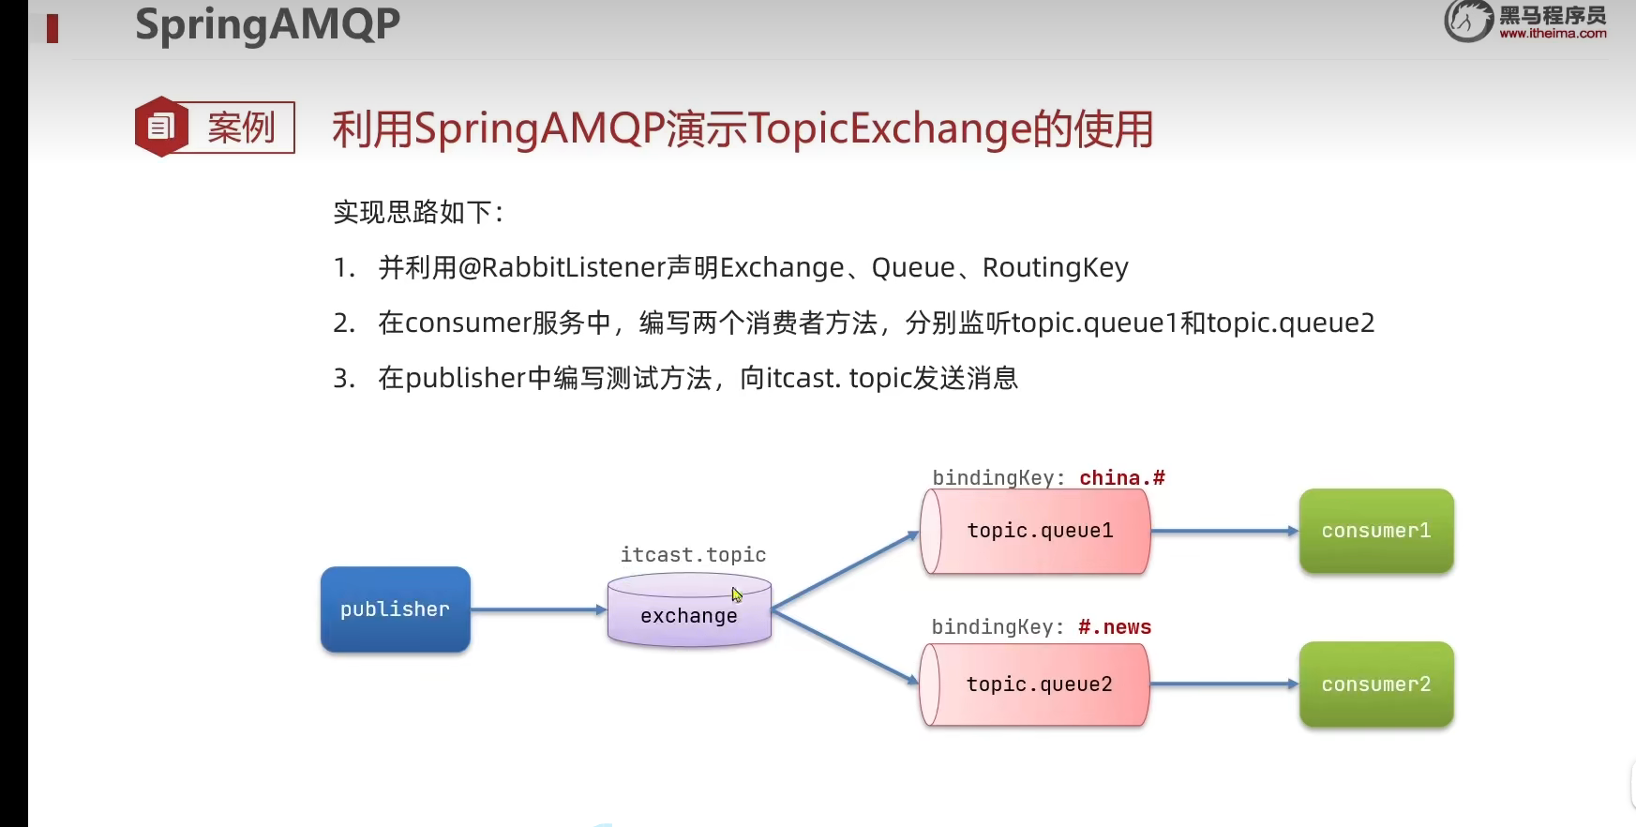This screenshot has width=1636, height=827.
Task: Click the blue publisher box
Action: [x=395, y=609]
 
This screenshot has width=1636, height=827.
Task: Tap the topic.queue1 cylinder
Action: [x=1036, y=532]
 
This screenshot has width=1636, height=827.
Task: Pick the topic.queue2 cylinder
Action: [x=1036, y=685]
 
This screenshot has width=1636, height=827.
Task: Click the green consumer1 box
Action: [x=1375, y=531]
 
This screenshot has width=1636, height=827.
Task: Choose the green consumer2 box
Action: [x=1375, y=684]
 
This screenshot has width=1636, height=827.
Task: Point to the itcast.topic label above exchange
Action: [x=693, y=555]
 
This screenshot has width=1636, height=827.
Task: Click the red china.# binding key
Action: [x=1121, y=478]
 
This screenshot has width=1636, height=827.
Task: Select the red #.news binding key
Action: [x=1114, y=627]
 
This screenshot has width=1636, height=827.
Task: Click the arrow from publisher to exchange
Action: [x=538, y=610]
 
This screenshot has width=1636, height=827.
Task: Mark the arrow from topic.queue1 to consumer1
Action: [x=1223, y=532]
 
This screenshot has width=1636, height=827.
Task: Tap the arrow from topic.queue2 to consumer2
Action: [x=1223, y=685]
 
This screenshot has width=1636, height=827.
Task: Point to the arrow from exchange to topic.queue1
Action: [x=844, y=571]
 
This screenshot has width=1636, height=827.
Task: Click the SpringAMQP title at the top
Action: [x=267, y=24]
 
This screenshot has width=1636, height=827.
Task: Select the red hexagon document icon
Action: [x=161, y=127]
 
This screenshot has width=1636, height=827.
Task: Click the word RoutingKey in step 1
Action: [x=1055, y=268]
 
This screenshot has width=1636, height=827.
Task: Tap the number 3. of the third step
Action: [x=344, y=379]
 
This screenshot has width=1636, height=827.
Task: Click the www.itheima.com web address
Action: [x=1553, y=34]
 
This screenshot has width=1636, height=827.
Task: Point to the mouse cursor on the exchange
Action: [x=736, y=594]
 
